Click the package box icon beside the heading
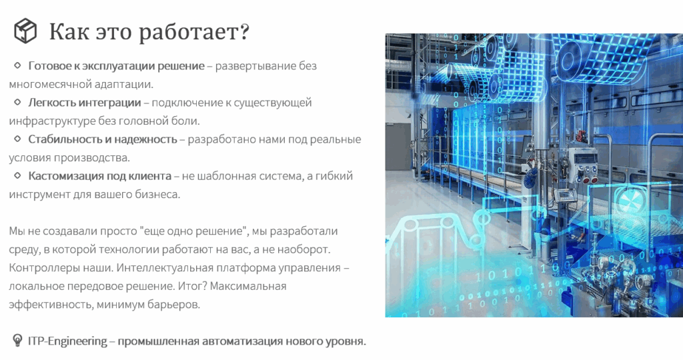pos(25,31)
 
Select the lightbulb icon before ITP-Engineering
pos(17,340)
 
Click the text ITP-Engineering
pos(67,341)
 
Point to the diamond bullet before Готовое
pos(17,65)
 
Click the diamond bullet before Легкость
pos(17,102)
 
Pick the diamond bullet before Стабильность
pos(17,139)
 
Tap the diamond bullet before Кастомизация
pos(17,175)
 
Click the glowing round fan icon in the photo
pos(629,200)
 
